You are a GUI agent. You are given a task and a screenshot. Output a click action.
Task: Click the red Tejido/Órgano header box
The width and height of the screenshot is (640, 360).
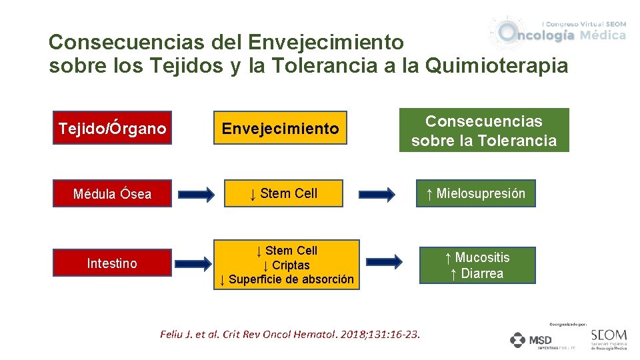(x=112, y=128)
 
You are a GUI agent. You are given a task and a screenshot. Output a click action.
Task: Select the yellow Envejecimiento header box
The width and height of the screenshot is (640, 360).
(x=280, y=128)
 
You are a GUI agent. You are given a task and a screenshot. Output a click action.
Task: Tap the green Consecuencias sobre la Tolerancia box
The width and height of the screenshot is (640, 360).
(x=484, y=131)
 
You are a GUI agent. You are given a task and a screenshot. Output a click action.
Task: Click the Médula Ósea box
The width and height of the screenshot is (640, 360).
(x=112, y=194)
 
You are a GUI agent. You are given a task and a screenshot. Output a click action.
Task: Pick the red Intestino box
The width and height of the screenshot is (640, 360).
(x=112, y=263)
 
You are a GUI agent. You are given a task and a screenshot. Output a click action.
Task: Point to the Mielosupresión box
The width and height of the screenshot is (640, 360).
(x=476, y=193)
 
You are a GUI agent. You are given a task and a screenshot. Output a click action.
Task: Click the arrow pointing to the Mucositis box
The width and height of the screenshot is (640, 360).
(x=385, y=261)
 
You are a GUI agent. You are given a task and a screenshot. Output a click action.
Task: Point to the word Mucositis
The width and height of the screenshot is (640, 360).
(x=482, y=257)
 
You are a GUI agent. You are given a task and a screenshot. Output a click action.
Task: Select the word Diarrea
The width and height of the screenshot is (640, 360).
(x=482, y=273)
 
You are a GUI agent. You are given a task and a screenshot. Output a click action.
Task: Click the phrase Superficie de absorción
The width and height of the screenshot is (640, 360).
(x=291, y=279)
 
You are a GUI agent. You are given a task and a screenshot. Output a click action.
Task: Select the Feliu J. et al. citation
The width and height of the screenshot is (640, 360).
(x=290, y=334)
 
